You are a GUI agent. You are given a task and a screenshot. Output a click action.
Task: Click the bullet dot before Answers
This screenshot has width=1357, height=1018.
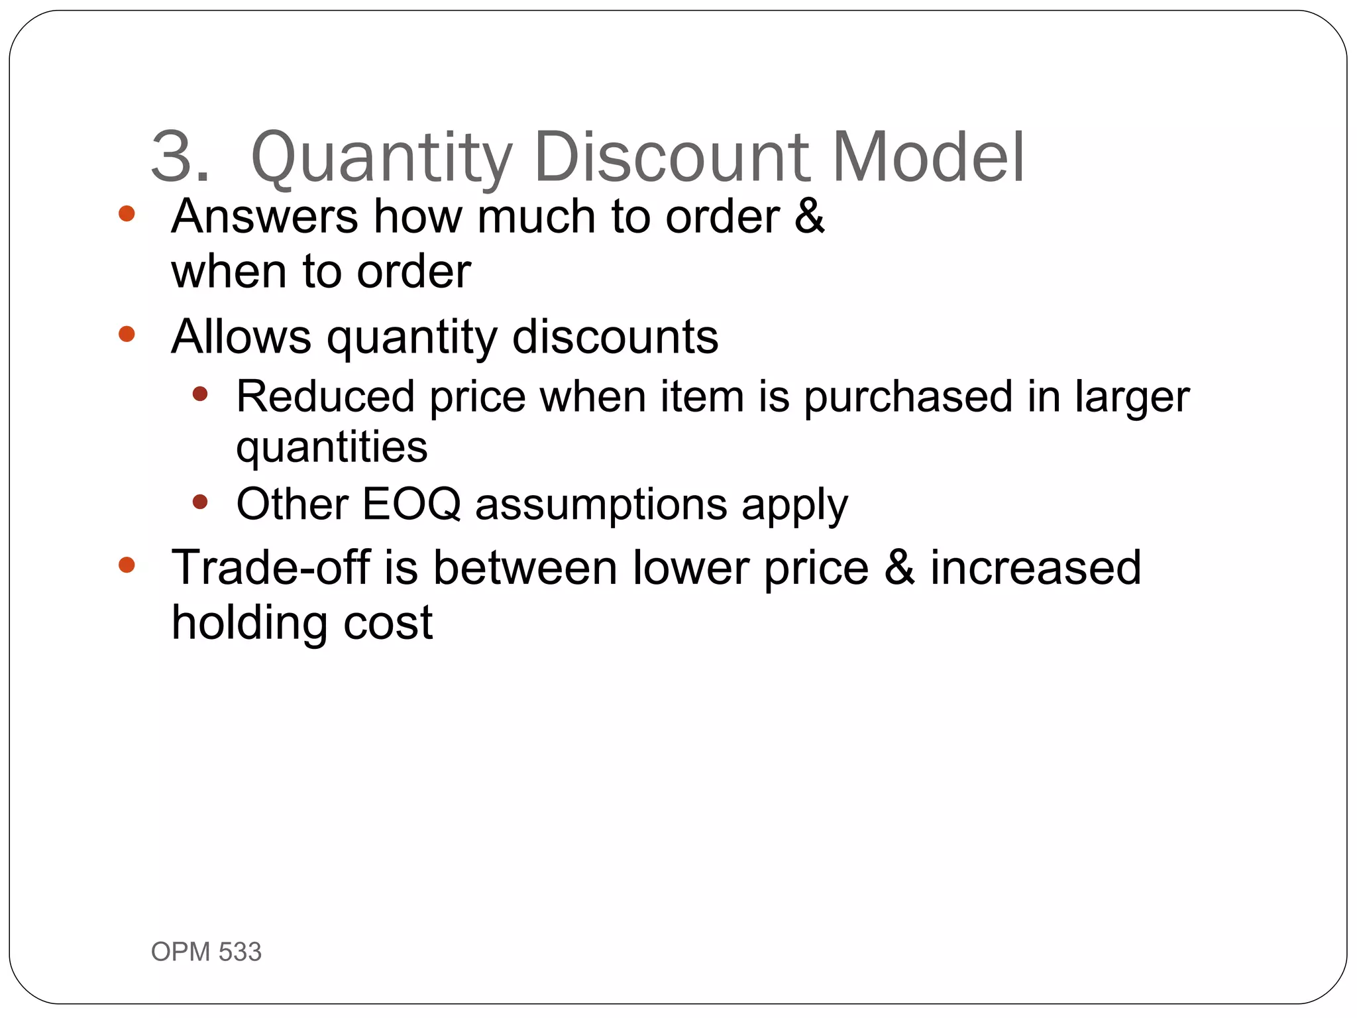coord(127,213)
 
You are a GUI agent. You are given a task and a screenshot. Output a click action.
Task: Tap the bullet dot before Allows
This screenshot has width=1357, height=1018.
coord(127,333)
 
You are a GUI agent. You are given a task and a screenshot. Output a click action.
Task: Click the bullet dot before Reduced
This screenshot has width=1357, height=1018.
coord(199,394)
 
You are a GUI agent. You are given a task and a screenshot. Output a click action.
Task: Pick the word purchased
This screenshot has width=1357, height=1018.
coord(908,398)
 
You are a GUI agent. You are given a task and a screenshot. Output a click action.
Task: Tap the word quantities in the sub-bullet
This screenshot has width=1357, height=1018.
coord(331,448)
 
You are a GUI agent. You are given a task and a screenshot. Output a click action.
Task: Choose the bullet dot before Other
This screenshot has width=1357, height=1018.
coord(199,502)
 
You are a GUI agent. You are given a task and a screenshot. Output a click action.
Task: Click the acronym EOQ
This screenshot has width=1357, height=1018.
coord(411,504)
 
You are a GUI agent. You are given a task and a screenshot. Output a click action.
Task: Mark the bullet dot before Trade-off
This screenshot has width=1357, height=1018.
coord(127,565)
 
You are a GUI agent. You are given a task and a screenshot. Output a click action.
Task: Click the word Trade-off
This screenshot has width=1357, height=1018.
coord(270,567)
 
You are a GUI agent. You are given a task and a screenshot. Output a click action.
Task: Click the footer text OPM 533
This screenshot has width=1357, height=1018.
coord(206,952)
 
